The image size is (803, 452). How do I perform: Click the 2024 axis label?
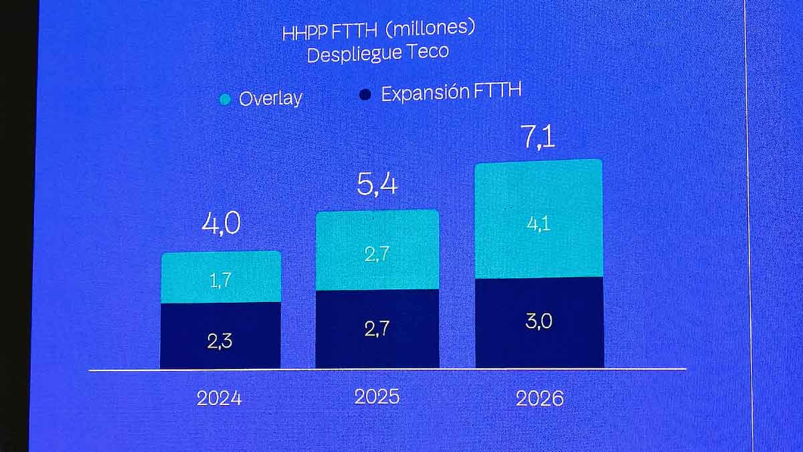pyautogui.click(x=219, y=398)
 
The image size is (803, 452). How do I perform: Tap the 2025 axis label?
pyautogui.click(x=377, y=396)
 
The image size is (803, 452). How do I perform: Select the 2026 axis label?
pyautogui.click(x=539, y=399)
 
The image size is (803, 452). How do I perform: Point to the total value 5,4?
pyautogui.click(x=377, y=184)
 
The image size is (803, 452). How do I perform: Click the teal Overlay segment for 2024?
pyautogui.click(x=221, y=277)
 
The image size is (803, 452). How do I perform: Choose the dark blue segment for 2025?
pyautogui.click(x=377, y=329)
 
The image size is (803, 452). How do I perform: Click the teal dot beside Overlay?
pyautogui.click(x=226, y=100)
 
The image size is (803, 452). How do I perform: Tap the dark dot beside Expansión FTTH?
pyautogui.click(x=365, y=95)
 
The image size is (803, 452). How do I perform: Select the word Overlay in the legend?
pyautogui.click(x=270, y=98)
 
